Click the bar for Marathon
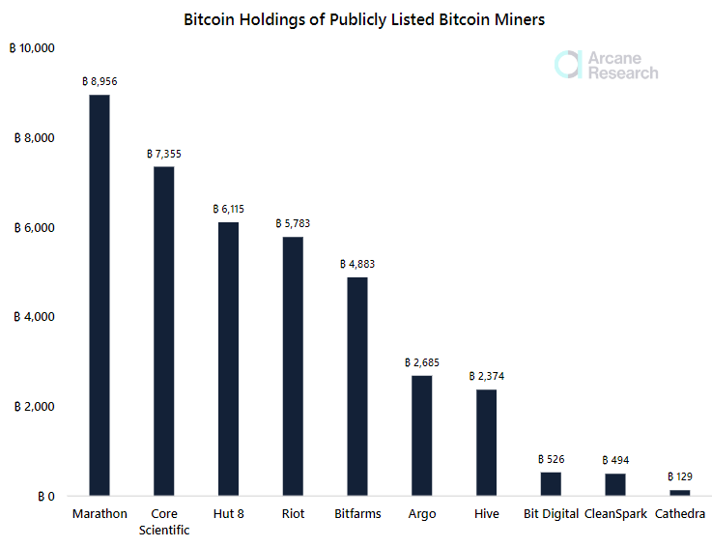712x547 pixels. click(x=100, y=295)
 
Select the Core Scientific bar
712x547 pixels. click(x=164, y=331)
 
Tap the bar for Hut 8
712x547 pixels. click(x=228, y=359)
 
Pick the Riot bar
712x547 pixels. click(x=293, y=366)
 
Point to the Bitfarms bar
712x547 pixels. click(x=357, y=387)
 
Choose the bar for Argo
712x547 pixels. click(x=422, y=436)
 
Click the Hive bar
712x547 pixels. click(x=486, y=443)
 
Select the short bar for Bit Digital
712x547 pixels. click(x=551, y=484)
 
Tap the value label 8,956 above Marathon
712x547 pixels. click(x=100, y=82)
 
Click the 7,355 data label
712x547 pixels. click(x=164, y=154)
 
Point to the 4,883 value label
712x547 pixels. click(x=357, y=264)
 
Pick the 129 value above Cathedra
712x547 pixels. click(x=680, y=476)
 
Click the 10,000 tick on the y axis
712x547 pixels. click(x=32, y=48)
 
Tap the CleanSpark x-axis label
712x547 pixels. click(x=615, y=514)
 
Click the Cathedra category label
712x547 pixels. click(x=680, y=514)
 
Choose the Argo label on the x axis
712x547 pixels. click(x=422, y=514)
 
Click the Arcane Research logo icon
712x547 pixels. click(x=568, y=64)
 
